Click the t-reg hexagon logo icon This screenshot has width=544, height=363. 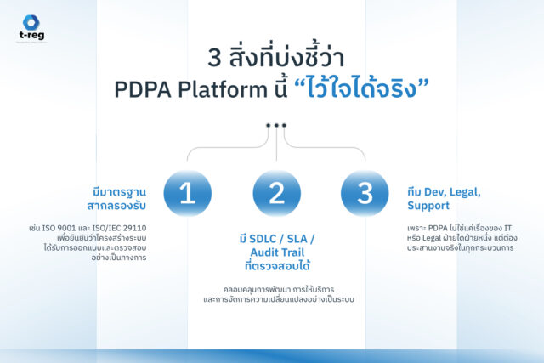pyautogui.click(x=31, y=23)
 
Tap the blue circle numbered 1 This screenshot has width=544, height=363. pyautogui.click(x=188, y=193)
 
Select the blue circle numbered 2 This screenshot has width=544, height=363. pyautogui.click(x=276, y=193)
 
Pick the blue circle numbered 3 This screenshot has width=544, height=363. pyautogui.click(x=365, y=193)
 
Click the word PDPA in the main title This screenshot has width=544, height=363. pyautogui.click(x=143, y=90)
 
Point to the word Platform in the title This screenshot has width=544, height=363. pyautogui.click(x=223, y=89)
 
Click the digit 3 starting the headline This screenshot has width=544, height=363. pyautogui.click(x=214, y=58)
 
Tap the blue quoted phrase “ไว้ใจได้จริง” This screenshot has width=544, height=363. pyautogui.click(x=361, y=88)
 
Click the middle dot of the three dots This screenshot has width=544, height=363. pyautogui.click(x=276, y=125)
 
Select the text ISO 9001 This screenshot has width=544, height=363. pyautogui.click(x=59, y=229)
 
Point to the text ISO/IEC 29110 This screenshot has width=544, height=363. pyautogui.click(x=119, y=229)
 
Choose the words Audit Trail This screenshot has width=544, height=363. pyautogui.click(x=277, y=252)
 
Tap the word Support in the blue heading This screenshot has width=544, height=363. pyautogui.click(x=428, y=206)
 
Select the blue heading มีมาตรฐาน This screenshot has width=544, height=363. pyautogui.click(x=119, y=192)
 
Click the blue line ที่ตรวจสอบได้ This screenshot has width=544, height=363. pyautogui.click(x=277, y=266)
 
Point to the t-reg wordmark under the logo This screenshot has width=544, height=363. pyautogui.click(x=31, y=35)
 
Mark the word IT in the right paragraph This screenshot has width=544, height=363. pyautogui.click(x=508, y=229)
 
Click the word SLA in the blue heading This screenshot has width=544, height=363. pyautogui.click(x=297, y=239)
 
